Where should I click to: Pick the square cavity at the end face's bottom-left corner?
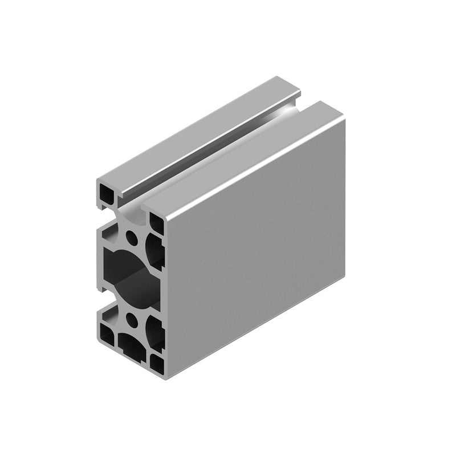[x=107, y=333]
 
